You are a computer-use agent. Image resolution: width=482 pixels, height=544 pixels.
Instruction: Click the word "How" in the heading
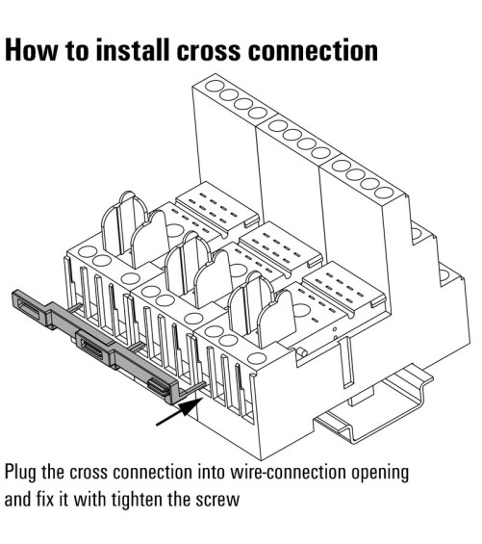31,51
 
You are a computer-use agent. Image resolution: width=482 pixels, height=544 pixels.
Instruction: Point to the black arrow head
190,405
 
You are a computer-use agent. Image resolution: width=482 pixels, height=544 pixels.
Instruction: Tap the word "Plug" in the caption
20,474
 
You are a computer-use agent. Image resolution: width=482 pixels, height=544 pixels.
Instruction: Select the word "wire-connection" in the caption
289,472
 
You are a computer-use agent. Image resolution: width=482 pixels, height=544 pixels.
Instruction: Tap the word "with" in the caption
90,499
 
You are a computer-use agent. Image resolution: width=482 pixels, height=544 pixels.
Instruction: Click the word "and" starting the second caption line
17,499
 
